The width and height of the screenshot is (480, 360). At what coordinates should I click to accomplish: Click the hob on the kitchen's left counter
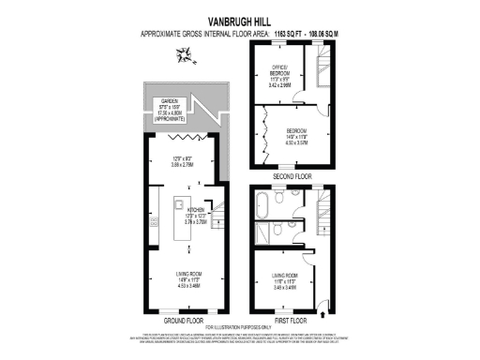click(154, 223)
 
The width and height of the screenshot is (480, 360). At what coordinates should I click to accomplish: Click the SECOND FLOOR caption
click(292, 176)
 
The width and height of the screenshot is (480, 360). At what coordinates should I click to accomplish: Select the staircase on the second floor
click(323, 70)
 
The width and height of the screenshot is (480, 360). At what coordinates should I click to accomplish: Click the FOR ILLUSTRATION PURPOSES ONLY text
click(239, 326)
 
